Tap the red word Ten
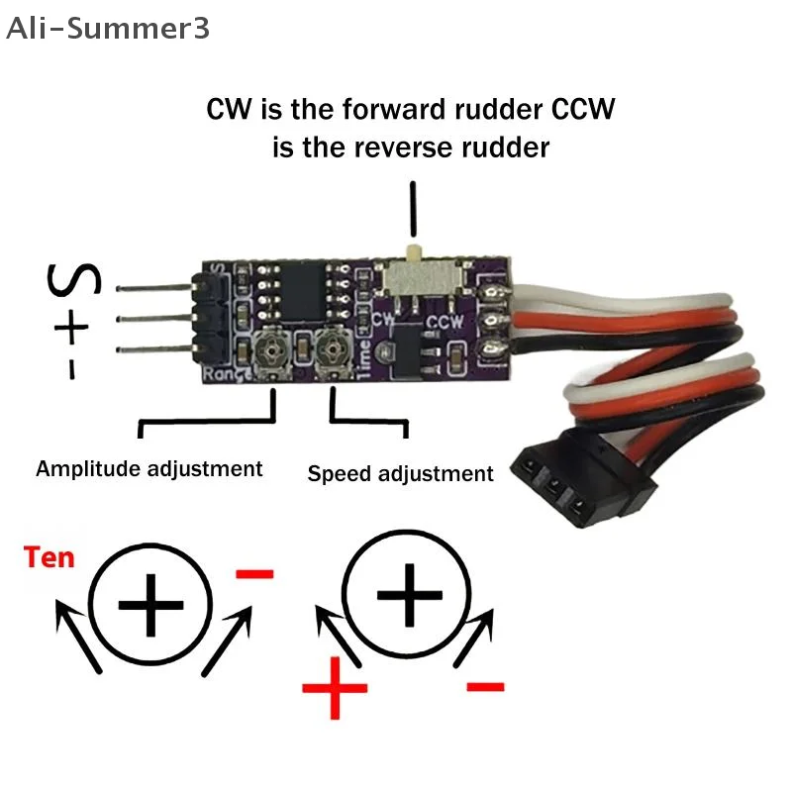[49, 557]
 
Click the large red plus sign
[335, 685]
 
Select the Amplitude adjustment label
[149, 468]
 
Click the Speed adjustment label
[400, 473]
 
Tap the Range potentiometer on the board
[272, 348]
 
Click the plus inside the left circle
[150, 603]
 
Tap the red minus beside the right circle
[484, 685]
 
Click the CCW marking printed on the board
[444, 322]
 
